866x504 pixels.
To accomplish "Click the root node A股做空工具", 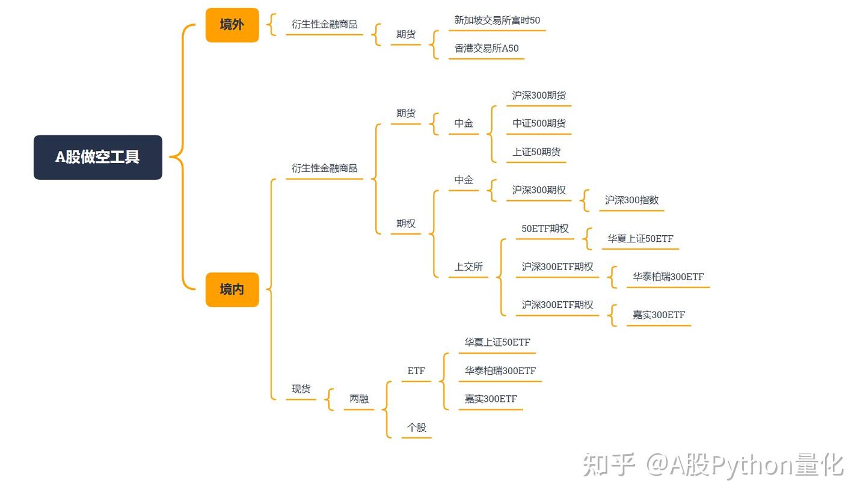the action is point(97,157).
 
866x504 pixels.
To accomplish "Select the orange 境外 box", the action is point(232,25).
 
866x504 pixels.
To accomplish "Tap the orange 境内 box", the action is point(232,289).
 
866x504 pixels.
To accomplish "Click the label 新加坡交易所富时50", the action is point(497,20).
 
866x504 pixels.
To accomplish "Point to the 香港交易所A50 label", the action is point(486,49).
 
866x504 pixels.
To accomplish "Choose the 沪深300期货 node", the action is point(538,96).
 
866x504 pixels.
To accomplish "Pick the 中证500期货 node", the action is point(538,124).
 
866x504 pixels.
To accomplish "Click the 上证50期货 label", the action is point(536,152).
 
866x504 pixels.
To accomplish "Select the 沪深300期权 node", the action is point(538,190).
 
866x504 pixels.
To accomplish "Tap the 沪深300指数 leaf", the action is point(631,200).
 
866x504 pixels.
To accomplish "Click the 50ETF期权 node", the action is point(544,229).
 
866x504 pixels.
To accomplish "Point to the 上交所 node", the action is point(468,267).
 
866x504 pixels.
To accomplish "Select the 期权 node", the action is point(405,224).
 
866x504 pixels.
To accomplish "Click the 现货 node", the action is point(301,389).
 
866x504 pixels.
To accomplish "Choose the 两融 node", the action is point(359,399).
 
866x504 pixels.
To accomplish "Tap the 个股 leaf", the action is point(416,428).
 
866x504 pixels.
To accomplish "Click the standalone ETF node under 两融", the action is point(416,371).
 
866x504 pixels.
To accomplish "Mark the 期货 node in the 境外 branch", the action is point(405,34).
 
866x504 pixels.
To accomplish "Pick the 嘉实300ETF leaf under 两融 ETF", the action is point(490,399).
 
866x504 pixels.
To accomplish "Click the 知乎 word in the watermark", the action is point(609,464).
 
